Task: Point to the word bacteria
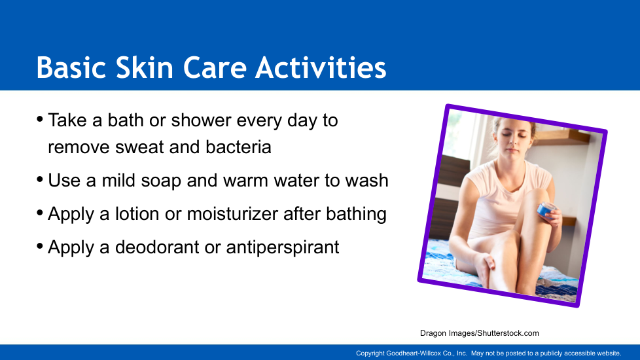point(238,147)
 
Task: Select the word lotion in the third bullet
point(137,214)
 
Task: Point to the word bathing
point(356,214)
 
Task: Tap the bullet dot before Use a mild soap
point(40,179)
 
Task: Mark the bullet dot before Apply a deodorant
point(40,246)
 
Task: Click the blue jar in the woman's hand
point(546,209)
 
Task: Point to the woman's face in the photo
point(512,137)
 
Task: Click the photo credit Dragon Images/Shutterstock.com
point(479,333)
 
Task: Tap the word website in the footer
point(609,353)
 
